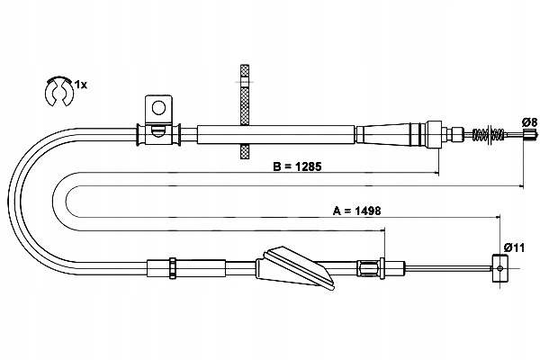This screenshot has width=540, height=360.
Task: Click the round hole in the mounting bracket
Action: click(158, 108)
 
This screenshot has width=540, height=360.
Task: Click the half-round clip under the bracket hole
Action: click(158, 130)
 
